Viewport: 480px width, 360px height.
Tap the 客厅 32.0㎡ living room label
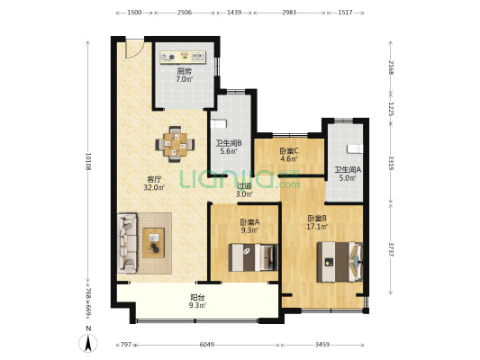[x=154, y=183]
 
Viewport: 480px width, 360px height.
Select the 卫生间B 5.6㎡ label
[x=227, y=147]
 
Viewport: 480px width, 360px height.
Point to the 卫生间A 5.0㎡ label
[x=347, y=174]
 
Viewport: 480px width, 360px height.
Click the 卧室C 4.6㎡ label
[x=288, y=156]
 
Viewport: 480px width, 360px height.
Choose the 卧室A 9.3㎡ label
[x=249, y=226]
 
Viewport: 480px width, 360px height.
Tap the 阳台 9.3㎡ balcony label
[x=196, y=301]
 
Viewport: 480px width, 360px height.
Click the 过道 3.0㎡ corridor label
[x=243, y=190]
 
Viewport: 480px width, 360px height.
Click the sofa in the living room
[x=127, y=242]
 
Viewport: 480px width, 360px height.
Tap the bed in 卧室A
[x=251, y=258]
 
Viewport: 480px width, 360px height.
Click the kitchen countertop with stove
[x=185, y=57]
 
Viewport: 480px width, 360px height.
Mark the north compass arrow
[x=88, y=340]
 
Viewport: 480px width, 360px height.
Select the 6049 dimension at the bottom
[x=206, y=345]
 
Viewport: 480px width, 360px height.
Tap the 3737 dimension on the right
[x=390, y=249]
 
